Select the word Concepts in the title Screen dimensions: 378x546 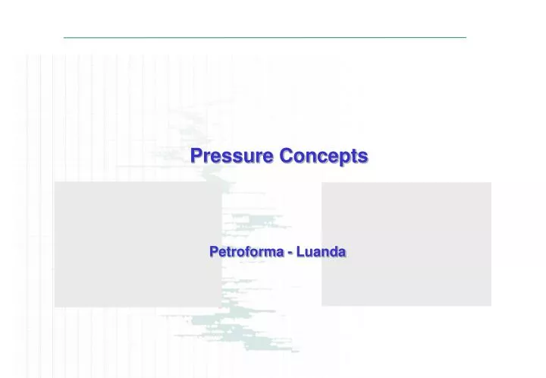(323, 156)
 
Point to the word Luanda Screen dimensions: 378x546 (322, 251)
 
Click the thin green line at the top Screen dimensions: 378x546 (265, 37)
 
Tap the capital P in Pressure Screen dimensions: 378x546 (196, 156)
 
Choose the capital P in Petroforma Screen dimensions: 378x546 (214, 251)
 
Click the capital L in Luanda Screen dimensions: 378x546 (300, 251)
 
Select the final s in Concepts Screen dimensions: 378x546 (363, 157)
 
